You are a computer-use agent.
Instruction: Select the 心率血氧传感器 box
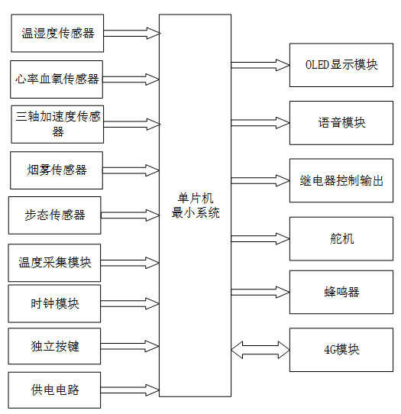pos(57,79)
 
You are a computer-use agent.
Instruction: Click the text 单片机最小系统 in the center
pos(195,205)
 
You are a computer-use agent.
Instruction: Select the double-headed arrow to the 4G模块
pos(260,350)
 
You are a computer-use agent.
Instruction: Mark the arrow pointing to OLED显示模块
pos(260,65)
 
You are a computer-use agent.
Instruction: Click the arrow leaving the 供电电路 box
pos(130,390)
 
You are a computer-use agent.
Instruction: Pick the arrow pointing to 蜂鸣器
pos(260,292)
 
